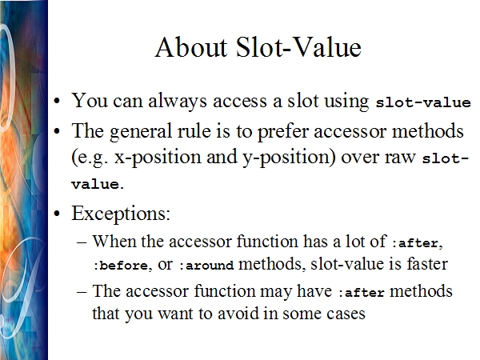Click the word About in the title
click(x=191, y=47)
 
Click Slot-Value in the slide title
click(x=298, y=47)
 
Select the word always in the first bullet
click(x=178, y=101)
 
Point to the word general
click(x=141, y=132)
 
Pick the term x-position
click(x=158, y=158)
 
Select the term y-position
click(x=287, y=158)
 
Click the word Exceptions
click(x=121, y=213)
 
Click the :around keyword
click(x=206, y=265)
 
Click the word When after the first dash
click(x=114, y=242)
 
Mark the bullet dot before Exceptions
click(x=57, y=214)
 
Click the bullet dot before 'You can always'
click(x=57, y=101)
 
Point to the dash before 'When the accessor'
click(x=82, y=242)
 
